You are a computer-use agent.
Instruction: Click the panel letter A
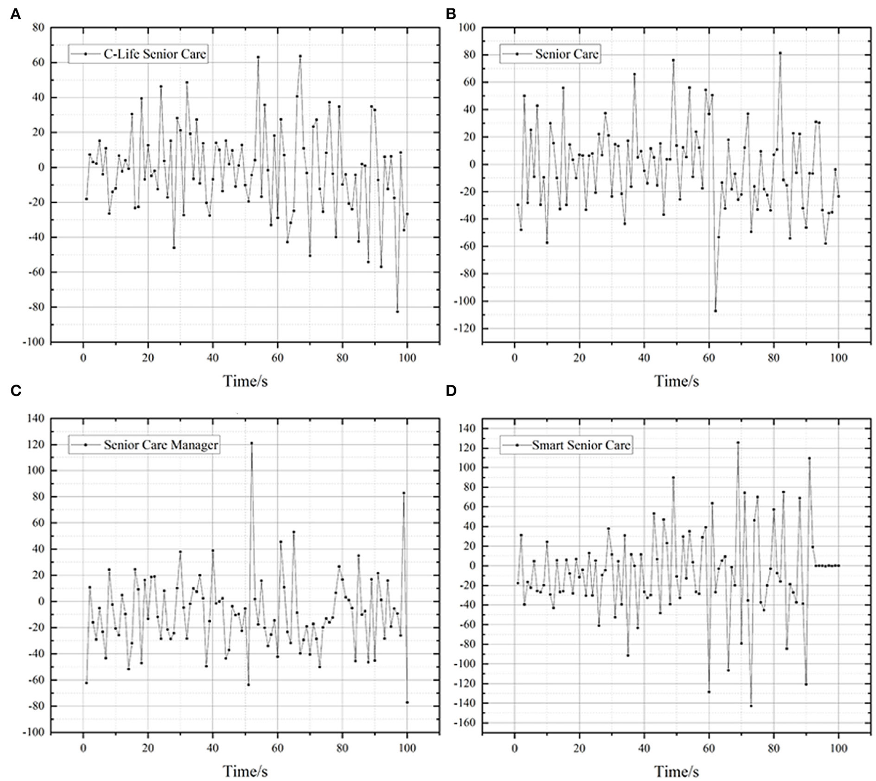pos(16,15)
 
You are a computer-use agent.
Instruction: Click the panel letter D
pos(451,391)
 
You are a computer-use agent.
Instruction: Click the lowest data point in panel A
pos(397,312)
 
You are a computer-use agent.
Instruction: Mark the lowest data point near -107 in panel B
pos(715,311)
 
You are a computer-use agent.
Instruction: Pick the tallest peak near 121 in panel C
pos(251,443)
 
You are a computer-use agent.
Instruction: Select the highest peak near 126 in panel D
pos(738,443)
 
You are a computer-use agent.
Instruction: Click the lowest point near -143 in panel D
pos(751,706)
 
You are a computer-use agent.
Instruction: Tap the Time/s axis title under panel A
pos(245,381)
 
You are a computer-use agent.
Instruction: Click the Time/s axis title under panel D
pos(677,771)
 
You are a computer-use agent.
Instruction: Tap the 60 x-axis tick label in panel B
pos(709,358)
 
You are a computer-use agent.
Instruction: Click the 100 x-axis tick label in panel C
pos(407,748)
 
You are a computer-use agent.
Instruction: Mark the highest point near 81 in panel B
pos(780,53)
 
